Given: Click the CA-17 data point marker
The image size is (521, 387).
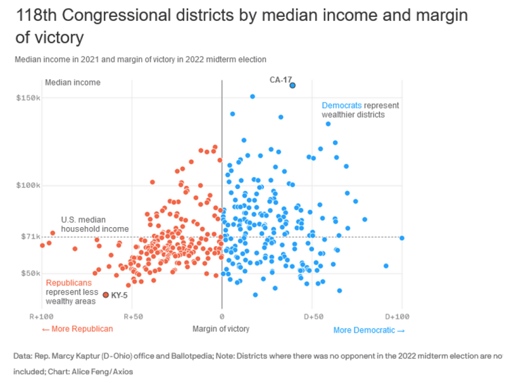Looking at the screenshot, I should tap(292, 85).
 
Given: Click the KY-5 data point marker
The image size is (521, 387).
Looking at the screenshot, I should tap(105, 294).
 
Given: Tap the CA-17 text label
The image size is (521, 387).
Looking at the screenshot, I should tap(280, 80).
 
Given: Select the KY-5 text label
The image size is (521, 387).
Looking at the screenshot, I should tap(119, 295).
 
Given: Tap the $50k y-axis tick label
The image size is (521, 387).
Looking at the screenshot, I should tap(30, 273).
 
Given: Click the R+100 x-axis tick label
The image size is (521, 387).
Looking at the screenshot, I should tap(41, 317).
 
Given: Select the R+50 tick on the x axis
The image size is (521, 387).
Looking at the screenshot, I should tap(132, 317).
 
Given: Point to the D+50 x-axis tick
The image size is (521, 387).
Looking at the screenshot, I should tap(312, 317).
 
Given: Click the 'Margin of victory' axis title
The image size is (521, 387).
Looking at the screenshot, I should tap(222, 329).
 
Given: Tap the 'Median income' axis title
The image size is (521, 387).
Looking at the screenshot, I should tap(73, 83).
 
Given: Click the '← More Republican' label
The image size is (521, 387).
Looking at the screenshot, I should tap(77, 329).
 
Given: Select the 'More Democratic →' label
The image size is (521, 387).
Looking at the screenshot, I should tap(368, 330).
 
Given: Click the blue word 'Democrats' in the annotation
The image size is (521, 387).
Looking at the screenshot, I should tap(342, 106).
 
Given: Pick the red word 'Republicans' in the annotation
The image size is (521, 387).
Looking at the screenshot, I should tap(69, 282).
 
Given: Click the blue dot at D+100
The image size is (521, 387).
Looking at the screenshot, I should tap(402, 238).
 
